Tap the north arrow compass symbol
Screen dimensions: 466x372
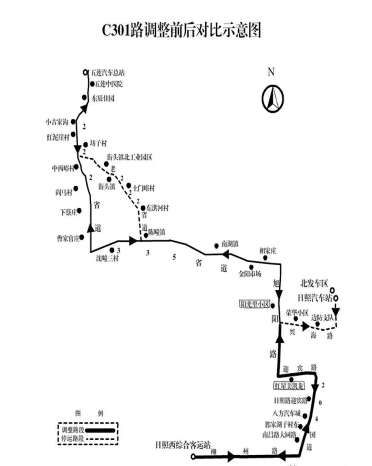tap(272, 99)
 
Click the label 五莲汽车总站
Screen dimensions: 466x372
tap(107, 73)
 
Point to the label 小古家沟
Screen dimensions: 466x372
tap(57, 122)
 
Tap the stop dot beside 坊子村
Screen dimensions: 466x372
tap(85, 145)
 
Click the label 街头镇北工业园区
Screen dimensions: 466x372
tap(129, 157)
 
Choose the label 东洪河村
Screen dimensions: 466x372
tap(157, 208)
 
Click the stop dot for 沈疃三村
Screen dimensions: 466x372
tap(112, 250)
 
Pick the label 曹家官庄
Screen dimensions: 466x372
tap(68, 238)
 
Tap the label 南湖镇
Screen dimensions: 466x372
tap(230, 244)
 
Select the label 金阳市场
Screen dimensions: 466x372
tap(250, 274)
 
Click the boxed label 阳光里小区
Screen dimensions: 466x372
tap(254, 304)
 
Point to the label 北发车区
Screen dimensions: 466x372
tap(314, 284)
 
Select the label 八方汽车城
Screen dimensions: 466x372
tap(286, 413)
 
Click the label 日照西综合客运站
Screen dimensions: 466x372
tap(183, 445)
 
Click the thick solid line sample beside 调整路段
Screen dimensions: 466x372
tap(100, 430)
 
